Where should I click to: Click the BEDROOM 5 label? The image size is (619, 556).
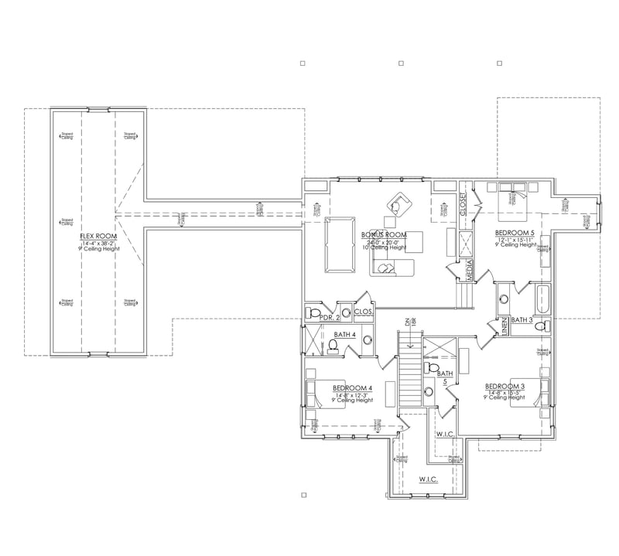tap(515, 232)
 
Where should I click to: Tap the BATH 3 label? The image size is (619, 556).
tap(522, 319)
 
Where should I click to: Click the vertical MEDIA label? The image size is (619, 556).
tap(468, 271)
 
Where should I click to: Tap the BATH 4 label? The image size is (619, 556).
tap(344, 335)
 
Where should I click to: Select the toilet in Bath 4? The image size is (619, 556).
tap(334, 346)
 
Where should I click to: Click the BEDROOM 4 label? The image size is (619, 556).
tap(353, 387)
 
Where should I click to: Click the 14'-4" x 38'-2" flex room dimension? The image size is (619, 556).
tap(97, 244)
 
